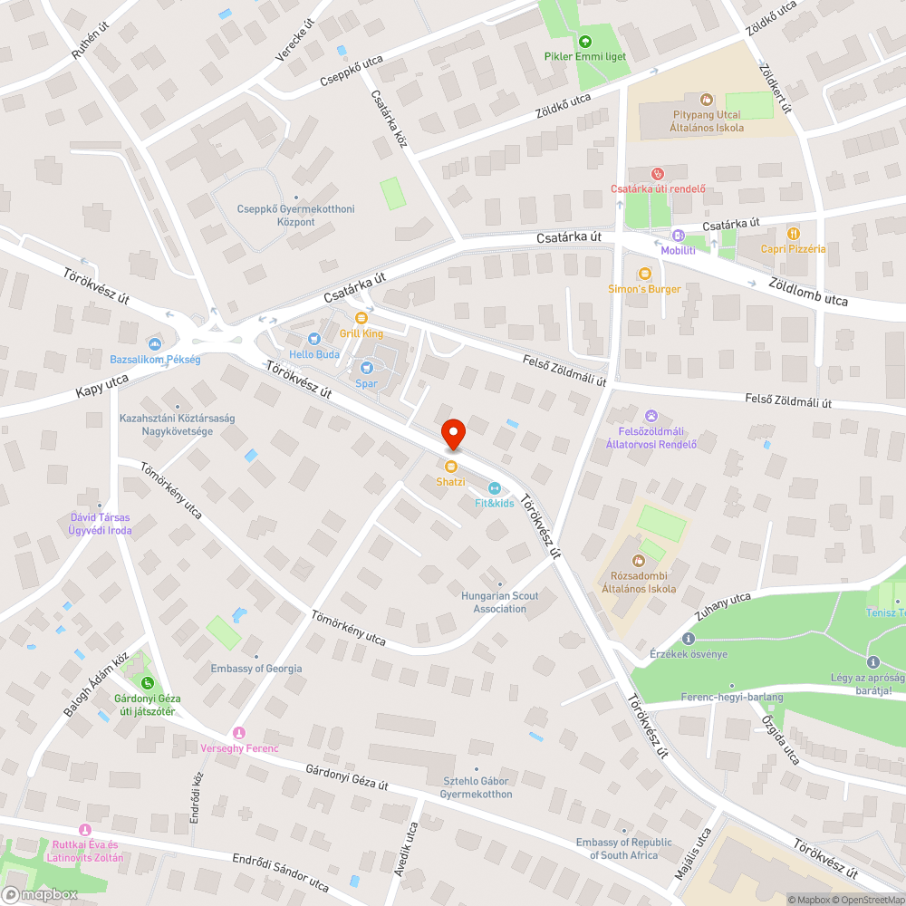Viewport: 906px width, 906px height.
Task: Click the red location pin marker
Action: (x=452, y=433)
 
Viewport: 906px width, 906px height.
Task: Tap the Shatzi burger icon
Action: (x=450, y=466)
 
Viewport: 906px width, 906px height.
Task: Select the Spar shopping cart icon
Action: (x=366, y=367)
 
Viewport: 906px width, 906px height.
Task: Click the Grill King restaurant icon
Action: (x=361, y=317)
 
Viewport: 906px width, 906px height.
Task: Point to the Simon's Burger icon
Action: (x=645, y=273)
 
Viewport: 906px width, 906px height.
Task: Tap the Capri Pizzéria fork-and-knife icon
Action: (x=794, y=233)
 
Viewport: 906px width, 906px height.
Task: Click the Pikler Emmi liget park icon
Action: (x=584, y=41)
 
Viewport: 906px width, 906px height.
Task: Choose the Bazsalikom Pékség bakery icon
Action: (x=154, y=343)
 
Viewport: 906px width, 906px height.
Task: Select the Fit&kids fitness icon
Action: (x=494, y=488)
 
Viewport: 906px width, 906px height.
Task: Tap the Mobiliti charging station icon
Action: (x=678, y=236)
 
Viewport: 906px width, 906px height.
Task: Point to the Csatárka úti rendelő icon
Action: (x=658, y=173)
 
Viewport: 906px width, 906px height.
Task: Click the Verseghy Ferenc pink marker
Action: (x=239, y=732)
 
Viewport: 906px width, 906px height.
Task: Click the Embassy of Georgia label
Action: (x=256, y=669)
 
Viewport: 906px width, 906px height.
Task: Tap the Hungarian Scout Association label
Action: (x=499, y=602)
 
